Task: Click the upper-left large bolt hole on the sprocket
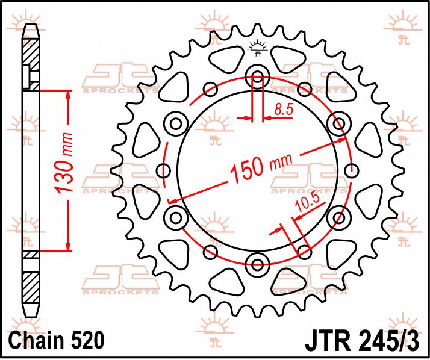coord(176,124)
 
